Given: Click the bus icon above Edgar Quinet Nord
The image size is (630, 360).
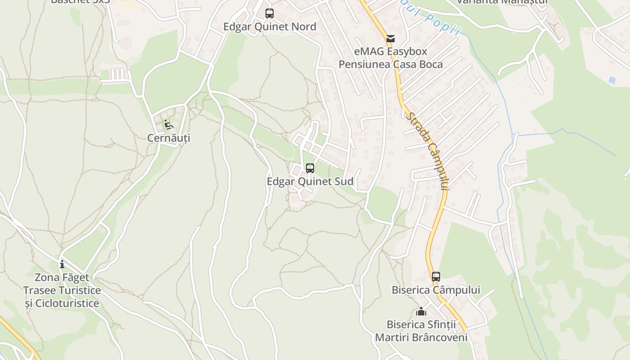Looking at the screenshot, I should pyautogui.click(x=270, y=13).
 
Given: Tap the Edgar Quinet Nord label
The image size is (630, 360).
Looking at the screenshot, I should pyautogui.click(x=270, y=27).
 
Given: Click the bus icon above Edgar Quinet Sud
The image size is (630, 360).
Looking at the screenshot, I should pyautogui.click(x=310, y=168).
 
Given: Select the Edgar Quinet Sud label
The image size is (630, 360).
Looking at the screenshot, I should pyautogui.click(x=310, y=182).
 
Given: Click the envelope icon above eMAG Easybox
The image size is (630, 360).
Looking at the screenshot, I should pyautogui.click(x=391, y=39).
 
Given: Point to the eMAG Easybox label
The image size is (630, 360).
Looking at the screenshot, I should pyautogui.click(x=391, y=51).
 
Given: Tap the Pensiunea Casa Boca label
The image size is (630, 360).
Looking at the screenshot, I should pyautogui.click(x=391, y=64).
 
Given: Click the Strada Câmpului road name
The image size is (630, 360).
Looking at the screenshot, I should pyautogui.click(x=428, y=151).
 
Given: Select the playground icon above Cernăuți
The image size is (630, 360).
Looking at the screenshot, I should pyautogui.click(x=168, y=124).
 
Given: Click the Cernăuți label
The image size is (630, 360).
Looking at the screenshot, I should pyautogui.click(x=169, y=138).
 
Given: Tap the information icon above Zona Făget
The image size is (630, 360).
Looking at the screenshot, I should pyautogui.click(x=62, y=264).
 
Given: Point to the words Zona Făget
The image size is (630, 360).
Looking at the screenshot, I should pyautogui.click(x=62, y=277).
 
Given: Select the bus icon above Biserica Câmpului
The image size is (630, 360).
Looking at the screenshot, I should pyautogui.click(x=436, y=276).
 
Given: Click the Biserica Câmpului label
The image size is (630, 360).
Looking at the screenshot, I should pyautogui.click(x=436, y=290).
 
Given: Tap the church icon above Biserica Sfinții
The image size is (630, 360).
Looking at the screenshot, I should pyautogui.click(x=421, y=311).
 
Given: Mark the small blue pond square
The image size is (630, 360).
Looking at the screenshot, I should pyautogui.click(x=612, y=80).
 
